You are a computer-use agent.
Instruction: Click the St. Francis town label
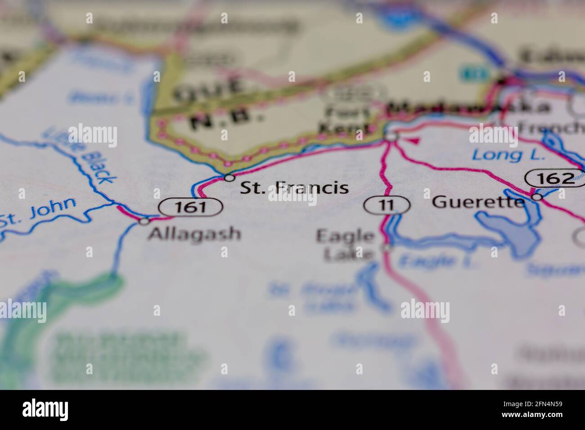coord(294,188)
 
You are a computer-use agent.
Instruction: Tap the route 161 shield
coord(191,207)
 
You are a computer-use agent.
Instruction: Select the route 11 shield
coord(387,205)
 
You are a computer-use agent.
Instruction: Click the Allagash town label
coord(194,233)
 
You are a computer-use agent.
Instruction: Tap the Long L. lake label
coord(508,156)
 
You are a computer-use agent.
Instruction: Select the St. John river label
coord(38,212)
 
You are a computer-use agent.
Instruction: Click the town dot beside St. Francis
coord(229,178)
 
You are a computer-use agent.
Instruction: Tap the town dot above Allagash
coord(144,221)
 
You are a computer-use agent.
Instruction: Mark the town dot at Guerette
coord(536,197)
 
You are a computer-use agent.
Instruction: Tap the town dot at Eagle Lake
coord(387,247)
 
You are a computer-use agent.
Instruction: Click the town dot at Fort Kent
coord(392,136)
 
